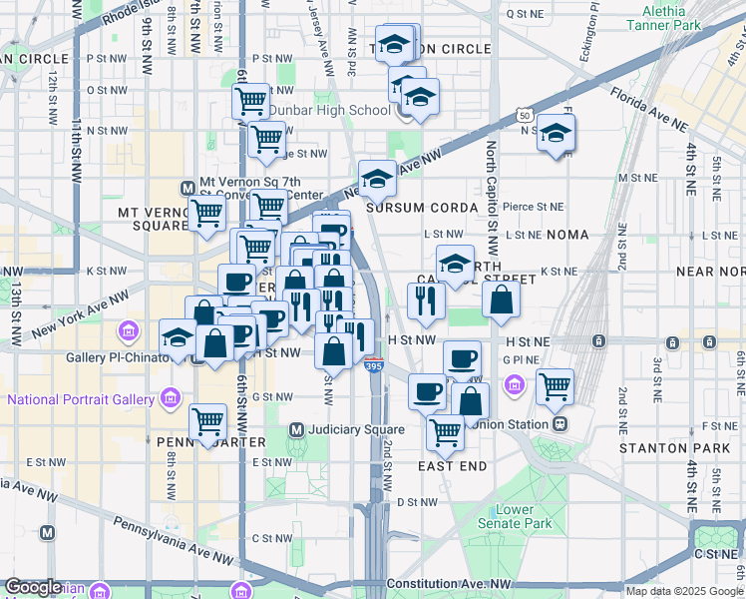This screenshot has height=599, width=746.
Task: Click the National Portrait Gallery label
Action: tap(81, 400)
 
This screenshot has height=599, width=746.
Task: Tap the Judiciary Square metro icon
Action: tap(296, 430)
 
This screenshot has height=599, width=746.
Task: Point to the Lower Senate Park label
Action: tap(524, 516)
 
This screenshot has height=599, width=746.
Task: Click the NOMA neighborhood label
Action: tap(568, 234)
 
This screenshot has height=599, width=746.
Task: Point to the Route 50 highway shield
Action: tap(525, 116)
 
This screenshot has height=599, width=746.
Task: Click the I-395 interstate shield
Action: tap(373, 366)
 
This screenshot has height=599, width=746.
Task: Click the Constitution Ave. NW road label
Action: tap(448, 583)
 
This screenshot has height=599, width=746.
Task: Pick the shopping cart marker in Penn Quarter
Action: tap(207, 421)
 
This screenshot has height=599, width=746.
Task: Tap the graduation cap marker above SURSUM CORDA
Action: tap(377, 179)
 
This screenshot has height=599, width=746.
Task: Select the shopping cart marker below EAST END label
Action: tap(445, 431)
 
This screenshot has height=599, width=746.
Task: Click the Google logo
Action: tap(33, 587)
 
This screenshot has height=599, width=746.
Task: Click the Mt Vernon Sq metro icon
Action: tap(186, 188)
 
